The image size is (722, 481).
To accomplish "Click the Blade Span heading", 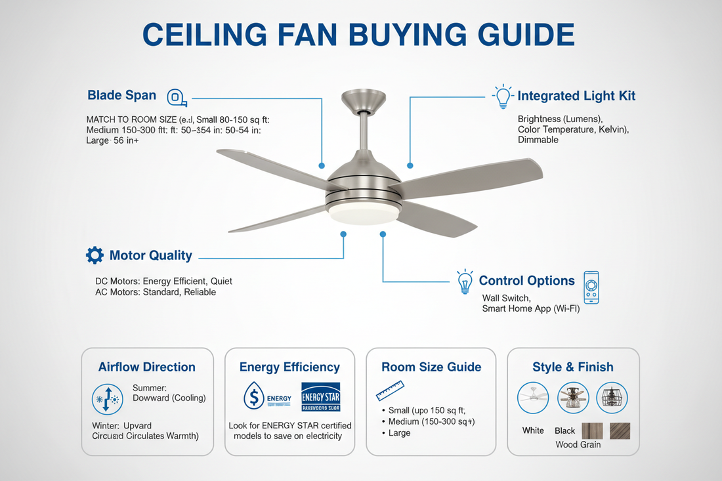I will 121,95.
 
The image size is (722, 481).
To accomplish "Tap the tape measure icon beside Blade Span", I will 175,98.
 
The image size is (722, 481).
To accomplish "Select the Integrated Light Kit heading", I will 576,96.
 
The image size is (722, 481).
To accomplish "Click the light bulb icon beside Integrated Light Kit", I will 503,96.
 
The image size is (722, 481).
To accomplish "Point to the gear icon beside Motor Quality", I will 95,255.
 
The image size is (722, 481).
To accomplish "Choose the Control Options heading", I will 526,280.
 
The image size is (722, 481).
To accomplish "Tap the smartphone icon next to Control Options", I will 591,287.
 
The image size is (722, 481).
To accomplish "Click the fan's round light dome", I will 363,214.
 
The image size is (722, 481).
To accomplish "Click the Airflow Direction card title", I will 147,367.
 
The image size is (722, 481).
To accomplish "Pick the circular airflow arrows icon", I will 106,398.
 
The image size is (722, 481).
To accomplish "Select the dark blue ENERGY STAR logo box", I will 320,396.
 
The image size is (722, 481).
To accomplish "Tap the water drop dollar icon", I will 253,396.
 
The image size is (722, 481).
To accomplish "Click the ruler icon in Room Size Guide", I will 390,391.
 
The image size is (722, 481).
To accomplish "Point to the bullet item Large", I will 399,433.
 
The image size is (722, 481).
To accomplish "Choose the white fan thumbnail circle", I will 532,398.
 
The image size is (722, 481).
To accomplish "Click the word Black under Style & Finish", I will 564,430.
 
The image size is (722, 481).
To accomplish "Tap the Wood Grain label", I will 578,445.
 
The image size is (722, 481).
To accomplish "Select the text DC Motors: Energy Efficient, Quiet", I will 163,281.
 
